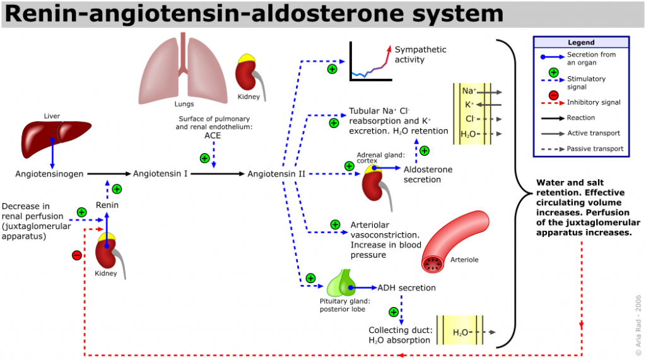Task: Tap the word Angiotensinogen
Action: (x=49, y=173)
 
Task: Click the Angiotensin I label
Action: (x=160, y=173)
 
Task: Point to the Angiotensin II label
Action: (x=276, y=173)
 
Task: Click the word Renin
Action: (x=107, y=205)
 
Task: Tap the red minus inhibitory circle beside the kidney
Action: (x=77, y=255)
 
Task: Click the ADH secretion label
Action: (x=406, y=288)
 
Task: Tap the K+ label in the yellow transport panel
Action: (x=469, y=105)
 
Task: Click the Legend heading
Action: (x=581, y=42)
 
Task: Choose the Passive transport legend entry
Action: (x=595, y=149)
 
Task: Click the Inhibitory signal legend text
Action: (x=594, y=102)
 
